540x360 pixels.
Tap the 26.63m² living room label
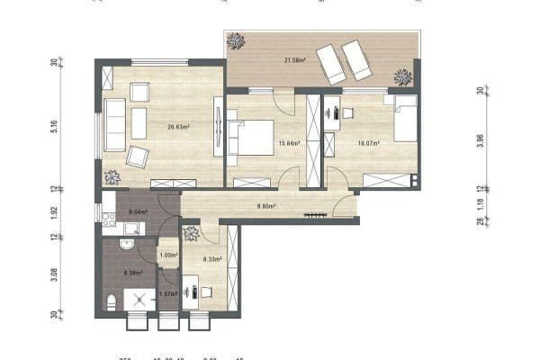pos(177,127)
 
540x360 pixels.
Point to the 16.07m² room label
pos(368,143)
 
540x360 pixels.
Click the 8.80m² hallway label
pos(266,206)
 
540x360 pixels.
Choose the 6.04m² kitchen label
pos(138,213)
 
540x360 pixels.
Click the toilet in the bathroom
pos(111,301)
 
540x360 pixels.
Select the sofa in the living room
pos(115,124)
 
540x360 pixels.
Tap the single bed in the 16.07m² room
pos(403,120)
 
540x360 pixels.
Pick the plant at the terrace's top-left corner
pos(237,40)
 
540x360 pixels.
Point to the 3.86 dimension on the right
pos(480,140)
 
